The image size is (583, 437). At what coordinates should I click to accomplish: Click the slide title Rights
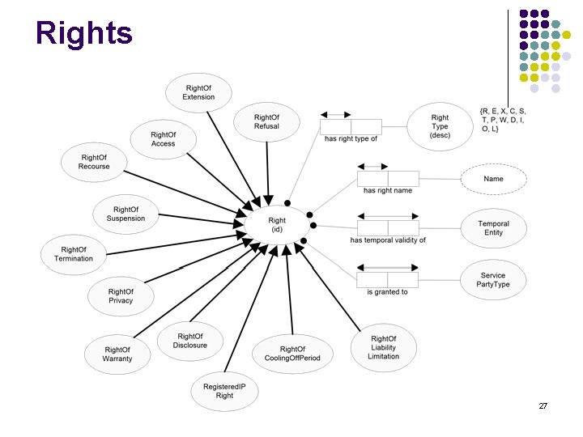point(84,33)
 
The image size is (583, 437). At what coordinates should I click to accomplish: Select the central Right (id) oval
point(277,224)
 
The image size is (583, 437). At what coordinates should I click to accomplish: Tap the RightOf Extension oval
point(198,92)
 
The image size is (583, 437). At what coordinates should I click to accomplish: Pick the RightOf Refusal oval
point(266,121)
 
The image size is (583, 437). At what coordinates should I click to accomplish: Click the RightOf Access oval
point(163,138)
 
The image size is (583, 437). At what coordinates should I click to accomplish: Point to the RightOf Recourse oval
point(94,162)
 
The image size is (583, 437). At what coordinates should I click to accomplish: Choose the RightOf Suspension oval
point(126,214)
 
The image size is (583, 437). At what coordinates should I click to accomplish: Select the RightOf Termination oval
point(74,253)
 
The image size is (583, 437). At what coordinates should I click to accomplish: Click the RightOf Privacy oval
point(121,295)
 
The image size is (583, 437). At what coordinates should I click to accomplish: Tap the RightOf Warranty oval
point(117,354)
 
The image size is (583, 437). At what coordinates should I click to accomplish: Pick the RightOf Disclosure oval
point(190,341)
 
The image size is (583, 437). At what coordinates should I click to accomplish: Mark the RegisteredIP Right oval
point(224,391)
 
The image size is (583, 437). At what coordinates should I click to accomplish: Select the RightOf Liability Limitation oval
point(383,347)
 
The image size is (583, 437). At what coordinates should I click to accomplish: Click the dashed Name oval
point(493,179)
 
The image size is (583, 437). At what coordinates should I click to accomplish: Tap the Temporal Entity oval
point(493,227)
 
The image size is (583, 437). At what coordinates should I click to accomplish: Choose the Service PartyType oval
point(493,280)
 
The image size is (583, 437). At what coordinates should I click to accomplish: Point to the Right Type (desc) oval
point(440,127)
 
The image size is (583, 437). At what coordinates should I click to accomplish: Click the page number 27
point(543,405)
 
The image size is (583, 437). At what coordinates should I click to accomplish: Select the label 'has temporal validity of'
point(388,240)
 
